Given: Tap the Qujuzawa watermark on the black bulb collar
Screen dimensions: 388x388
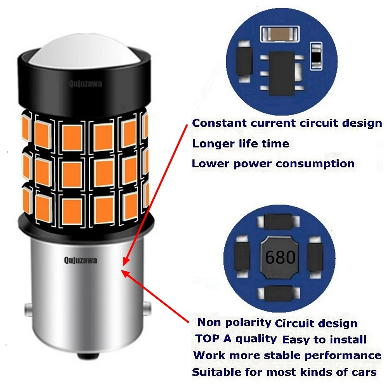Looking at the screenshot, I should [x=86, y=84].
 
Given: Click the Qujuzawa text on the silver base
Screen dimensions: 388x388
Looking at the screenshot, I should [x=81, y=261].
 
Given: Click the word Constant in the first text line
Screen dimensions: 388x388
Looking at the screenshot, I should [x=219, y=123].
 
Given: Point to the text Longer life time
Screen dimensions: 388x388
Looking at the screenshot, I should [x=241, y=144].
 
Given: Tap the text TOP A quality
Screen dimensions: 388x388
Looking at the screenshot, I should [x=236, y=338].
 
